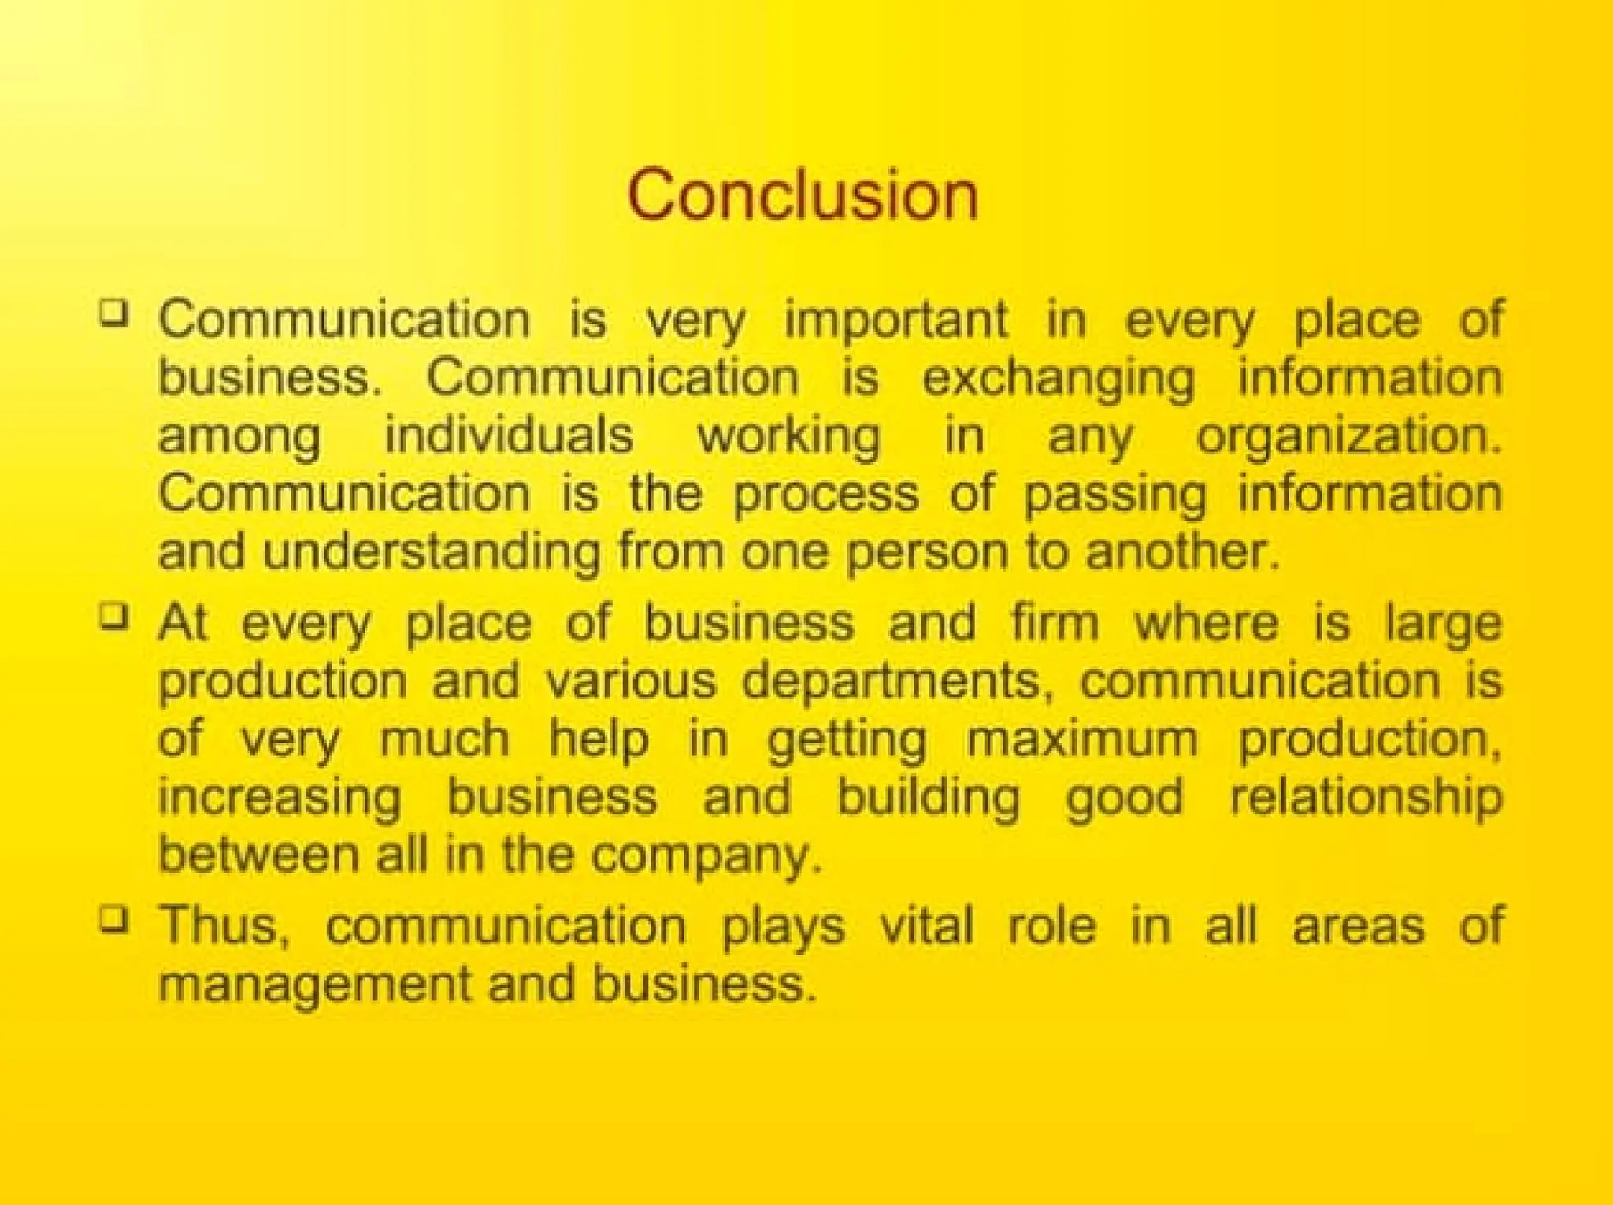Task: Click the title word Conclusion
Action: pos(803,195)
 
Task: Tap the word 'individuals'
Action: pos(509,436)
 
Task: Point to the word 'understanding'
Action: pos(432,551)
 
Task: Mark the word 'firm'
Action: pos(1055,622)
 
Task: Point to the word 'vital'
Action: pos(926,925)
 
